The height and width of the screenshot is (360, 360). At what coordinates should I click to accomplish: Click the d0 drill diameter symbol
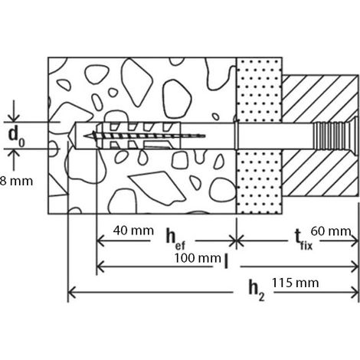tap(16, 137)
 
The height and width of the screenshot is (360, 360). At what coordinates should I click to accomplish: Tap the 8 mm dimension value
tap(16, 182)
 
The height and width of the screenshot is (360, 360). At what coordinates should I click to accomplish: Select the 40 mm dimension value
tap(133, 231)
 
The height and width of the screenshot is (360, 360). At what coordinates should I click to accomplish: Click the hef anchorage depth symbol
tap(175, 239)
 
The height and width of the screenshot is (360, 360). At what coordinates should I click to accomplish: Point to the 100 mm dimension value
tap(198, 258)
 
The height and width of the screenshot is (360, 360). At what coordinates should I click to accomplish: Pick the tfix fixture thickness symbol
tap(303, 240)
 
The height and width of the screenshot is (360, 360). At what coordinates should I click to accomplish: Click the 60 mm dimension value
tap(331, 231)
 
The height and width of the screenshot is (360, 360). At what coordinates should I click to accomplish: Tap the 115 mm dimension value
tap(295, 283)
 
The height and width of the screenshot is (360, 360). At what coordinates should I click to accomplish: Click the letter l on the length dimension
tap(226, 261)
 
